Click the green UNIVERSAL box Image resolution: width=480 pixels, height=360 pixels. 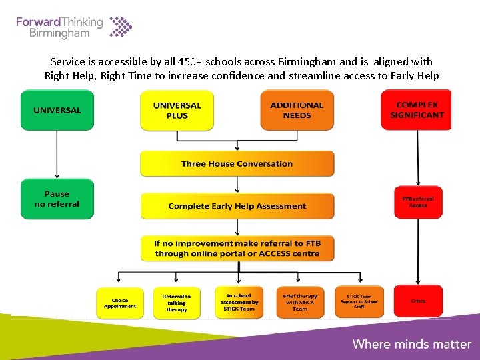[57, 110]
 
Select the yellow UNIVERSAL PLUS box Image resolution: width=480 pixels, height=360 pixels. [177, 110]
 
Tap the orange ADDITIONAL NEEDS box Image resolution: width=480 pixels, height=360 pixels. [297, 110]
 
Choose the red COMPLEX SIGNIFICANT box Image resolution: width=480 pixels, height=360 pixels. [417, 110]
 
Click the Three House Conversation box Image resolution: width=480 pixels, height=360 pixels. [237, 163]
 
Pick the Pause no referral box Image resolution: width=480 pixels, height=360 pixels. [57, 199]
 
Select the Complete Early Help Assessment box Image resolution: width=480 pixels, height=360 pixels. [237, 206]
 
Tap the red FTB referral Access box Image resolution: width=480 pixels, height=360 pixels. [418, 201]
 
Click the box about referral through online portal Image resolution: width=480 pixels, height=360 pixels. [237, 249]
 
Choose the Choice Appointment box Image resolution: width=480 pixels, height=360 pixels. [120, 303]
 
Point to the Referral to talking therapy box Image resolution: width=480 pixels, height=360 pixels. [177, 303]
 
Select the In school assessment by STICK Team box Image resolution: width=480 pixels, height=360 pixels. [239, 303]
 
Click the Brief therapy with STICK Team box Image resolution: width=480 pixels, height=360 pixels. [300, 303]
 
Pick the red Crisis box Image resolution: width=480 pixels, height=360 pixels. [418, 301]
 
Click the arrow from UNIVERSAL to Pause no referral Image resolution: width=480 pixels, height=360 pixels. [57, 155]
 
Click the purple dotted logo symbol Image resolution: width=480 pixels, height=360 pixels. [121, 27]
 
